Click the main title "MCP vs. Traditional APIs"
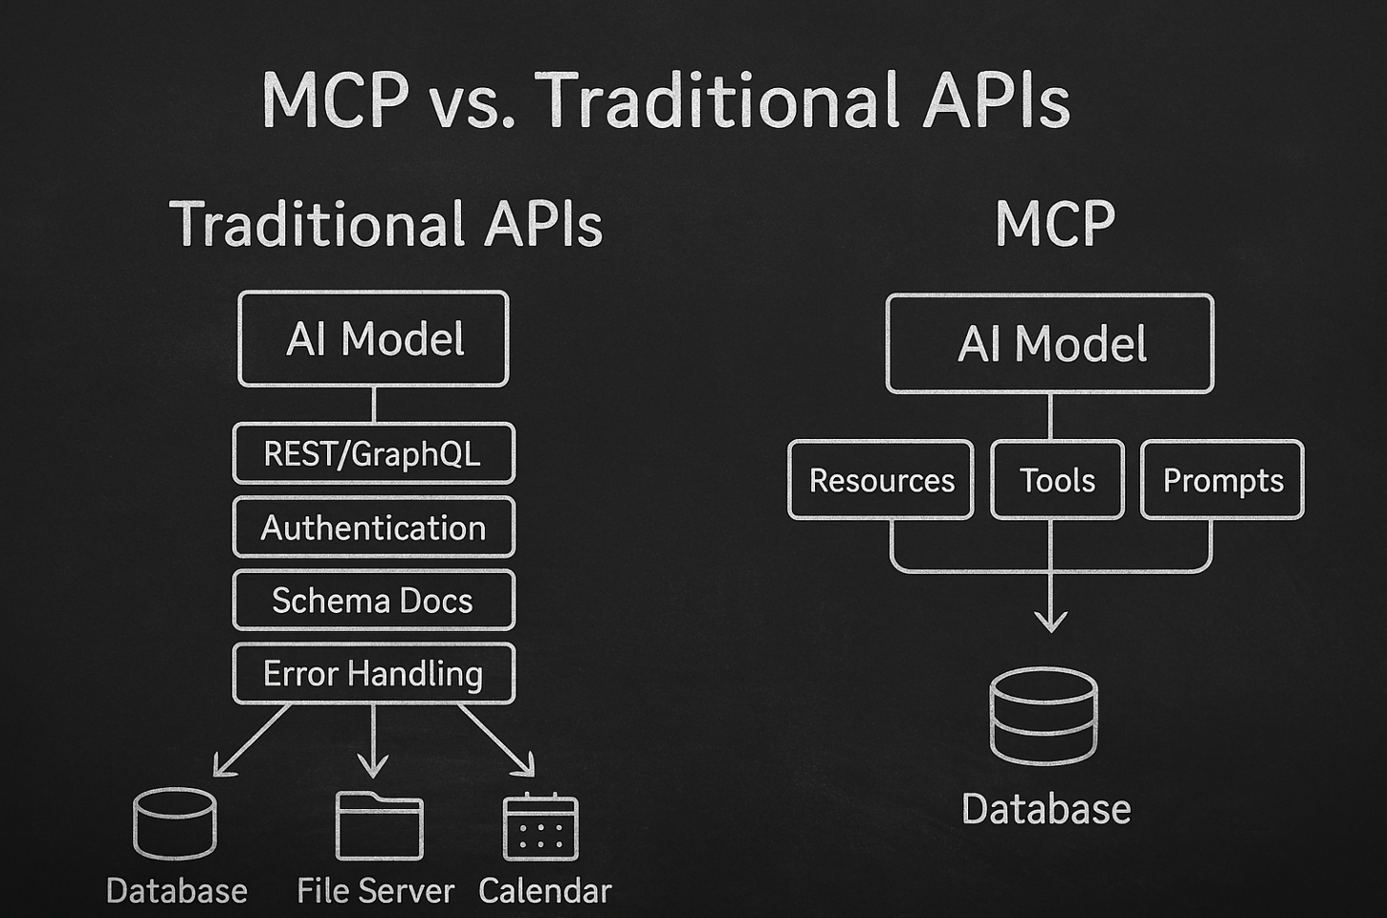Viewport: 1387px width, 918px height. (665, 99)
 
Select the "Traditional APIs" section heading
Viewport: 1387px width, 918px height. (385, 225)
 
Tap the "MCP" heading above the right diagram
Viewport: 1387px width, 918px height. (1054, 225)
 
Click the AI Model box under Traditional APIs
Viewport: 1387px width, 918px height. (373, 339)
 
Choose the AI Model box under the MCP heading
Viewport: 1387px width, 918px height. (1049, 343)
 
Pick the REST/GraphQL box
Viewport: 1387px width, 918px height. (373, 453)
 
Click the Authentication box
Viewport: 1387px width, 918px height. (373, 527)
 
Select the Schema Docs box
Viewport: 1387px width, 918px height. (373, 601)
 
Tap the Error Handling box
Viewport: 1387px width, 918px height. (373, 673)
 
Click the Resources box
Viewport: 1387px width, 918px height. (881, 480)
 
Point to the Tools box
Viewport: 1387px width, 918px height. (1057, 480)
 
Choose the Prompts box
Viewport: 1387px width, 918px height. (1222, 480)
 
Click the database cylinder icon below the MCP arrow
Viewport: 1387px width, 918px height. (1044, 716)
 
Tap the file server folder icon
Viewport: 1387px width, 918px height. (379, 825)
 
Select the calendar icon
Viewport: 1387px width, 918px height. (540, 827)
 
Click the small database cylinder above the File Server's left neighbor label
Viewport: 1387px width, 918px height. (174, 823)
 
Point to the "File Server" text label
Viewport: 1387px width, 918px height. (375, 891)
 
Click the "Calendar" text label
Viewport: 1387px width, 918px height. (544, 891)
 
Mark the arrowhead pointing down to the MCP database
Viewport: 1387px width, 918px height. (1050, 622)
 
